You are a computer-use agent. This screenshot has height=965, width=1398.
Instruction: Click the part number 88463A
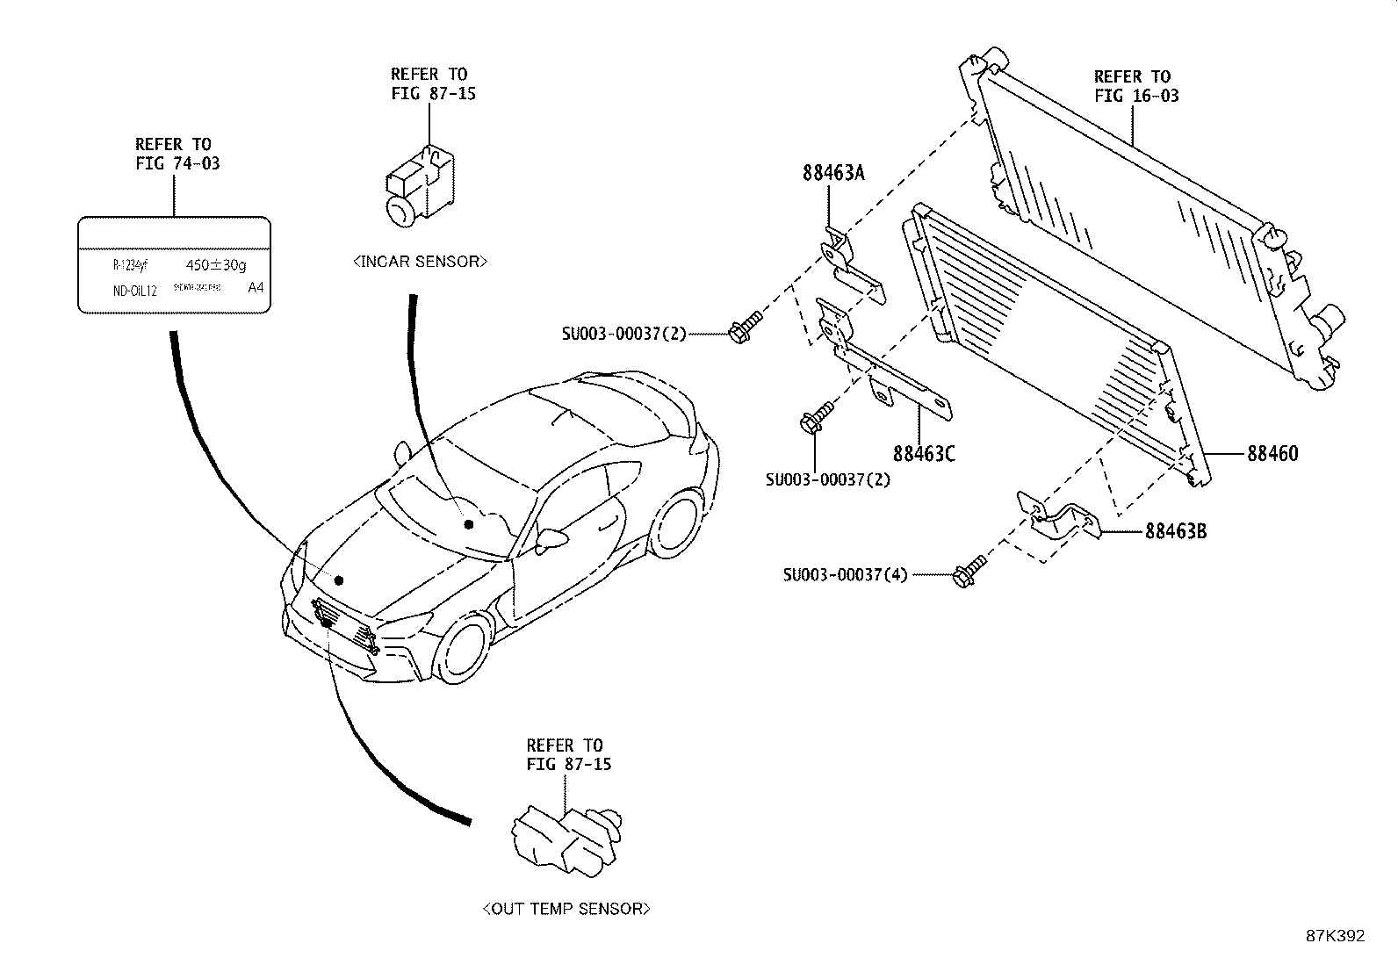[832, 173]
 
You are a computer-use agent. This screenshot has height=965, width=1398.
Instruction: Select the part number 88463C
[924, 453]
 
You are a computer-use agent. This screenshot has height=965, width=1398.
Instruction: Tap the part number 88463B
[1175, 531]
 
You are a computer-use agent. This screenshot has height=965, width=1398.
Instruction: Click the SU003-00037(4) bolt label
[846, 575]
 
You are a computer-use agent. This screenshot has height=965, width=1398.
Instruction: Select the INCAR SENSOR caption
[420, 262]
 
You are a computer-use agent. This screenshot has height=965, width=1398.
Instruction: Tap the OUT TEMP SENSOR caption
[566, 909]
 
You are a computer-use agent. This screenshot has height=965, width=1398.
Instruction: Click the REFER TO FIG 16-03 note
[1135, 86]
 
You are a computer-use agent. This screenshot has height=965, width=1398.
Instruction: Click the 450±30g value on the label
[217, 264]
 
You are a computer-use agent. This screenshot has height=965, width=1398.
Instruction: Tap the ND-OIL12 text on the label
[134, 291]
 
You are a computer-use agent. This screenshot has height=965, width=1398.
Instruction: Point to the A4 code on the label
[256, 288]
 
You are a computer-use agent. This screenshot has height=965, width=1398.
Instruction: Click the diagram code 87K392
[1335, 936]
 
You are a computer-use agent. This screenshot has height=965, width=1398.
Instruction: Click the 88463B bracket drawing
[1061, 520]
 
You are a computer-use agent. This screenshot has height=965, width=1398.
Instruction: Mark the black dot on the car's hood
[338, 580]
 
